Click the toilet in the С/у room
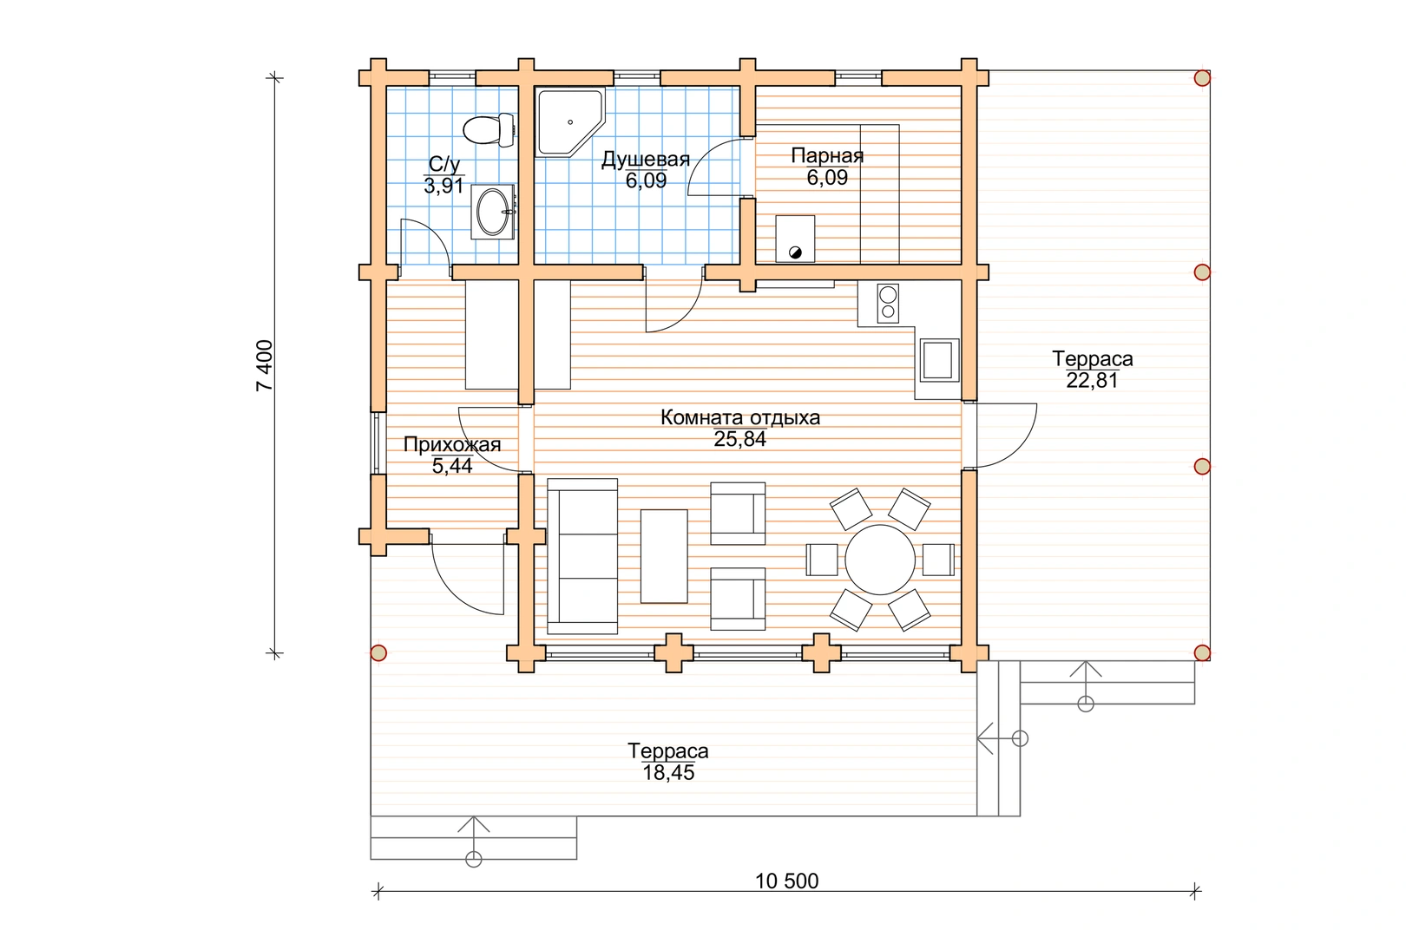click(x=489, y=130)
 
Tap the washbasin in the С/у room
click(x=493, y=212)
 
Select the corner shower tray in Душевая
click(x=569, y=121)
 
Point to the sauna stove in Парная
click(x=795, y=239)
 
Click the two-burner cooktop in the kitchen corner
click(x=888, y=303)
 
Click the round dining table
click(x=880, y=560)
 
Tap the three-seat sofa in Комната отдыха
click(x=582, y=556)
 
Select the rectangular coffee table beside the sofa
click(x=664, y=556)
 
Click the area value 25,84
click(x=740, y=439)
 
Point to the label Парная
click(x=827, y=155)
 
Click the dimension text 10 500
click(x=786, y=881)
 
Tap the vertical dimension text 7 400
click(x=265, y=365)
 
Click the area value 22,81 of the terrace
click(x=1092, y=380)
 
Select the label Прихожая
click(x=452, y=444)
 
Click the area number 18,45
click(x=668, y=772)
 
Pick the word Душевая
click(x=646, y=160)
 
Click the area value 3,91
click(x=443, y=186)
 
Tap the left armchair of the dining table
click(x=822, y=560)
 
